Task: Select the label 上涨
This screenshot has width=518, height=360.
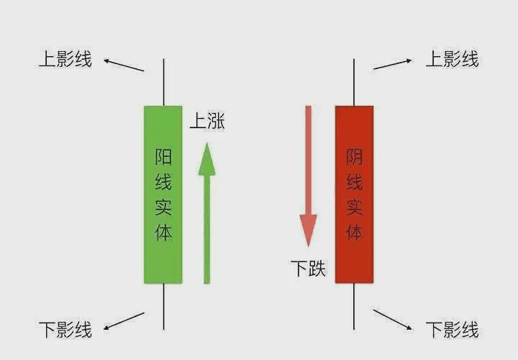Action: [207, 121]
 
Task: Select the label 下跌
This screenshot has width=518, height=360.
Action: [308, 269]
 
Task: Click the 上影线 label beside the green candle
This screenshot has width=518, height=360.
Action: [65, 59]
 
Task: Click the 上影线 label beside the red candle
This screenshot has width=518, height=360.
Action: [452, 59]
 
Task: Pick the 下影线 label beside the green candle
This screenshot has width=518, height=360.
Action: [65, 330]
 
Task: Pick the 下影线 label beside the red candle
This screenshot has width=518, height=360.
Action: [452, 330]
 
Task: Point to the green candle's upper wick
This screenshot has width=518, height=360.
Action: [163, 81]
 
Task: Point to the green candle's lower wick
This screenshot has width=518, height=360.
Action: [163, 306]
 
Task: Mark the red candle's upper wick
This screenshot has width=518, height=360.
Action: [354, 81]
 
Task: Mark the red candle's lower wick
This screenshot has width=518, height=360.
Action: [354, 306]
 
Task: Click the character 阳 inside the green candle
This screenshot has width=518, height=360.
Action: [163, 157]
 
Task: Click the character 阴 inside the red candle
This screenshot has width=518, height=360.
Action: [354, 157]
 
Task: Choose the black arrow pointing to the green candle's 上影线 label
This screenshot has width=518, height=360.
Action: [124, 65]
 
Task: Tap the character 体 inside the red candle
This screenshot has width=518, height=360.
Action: [354, 232]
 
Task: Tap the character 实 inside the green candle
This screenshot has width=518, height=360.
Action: [163, 207]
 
